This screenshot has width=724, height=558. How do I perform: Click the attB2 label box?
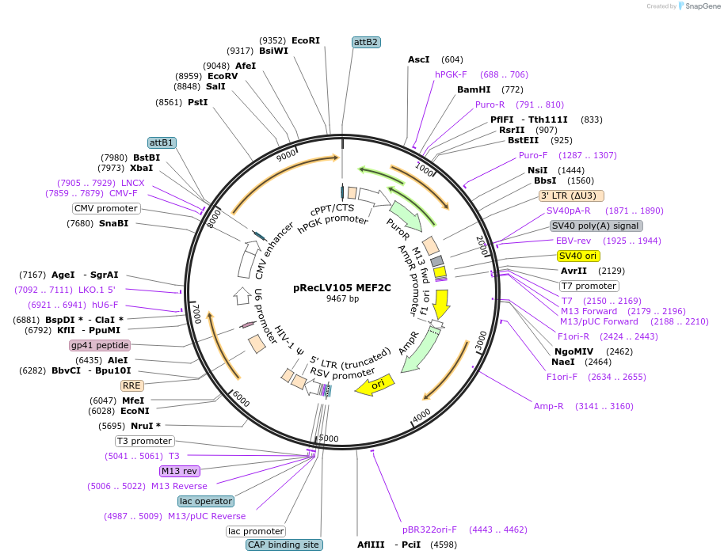point(366,42)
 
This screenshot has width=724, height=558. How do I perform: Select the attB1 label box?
point(162,142)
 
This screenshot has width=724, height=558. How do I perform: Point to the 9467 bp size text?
point(342,298)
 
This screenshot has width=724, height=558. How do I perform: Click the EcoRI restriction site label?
point(306,40)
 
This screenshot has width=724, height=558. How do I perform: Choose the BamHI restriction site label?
point(474,89)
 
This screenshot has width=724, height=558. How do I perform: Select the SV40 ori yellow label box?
point(578,256)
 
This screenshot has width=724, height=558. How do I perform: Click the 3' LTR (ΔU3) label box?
point(571,195)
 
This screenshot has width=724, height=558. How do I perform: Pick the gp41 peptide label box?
point(100,345)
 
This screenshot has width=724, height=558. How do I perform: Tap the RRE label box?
point(131,385)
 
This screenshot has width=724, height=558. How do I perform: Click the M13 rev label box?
point(179,471)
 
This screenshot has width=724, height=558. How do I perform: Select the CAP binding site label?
point(284,545)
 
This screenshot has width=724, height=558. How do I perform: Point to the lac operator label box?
point(206,501)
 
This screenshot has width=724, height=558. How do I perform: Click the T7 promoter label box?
point(589,286)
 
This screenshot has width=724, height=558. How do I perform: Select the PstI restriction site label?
point(198,102)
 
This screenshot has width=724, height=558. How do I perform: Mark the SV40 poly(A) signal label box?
point(596,226)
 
